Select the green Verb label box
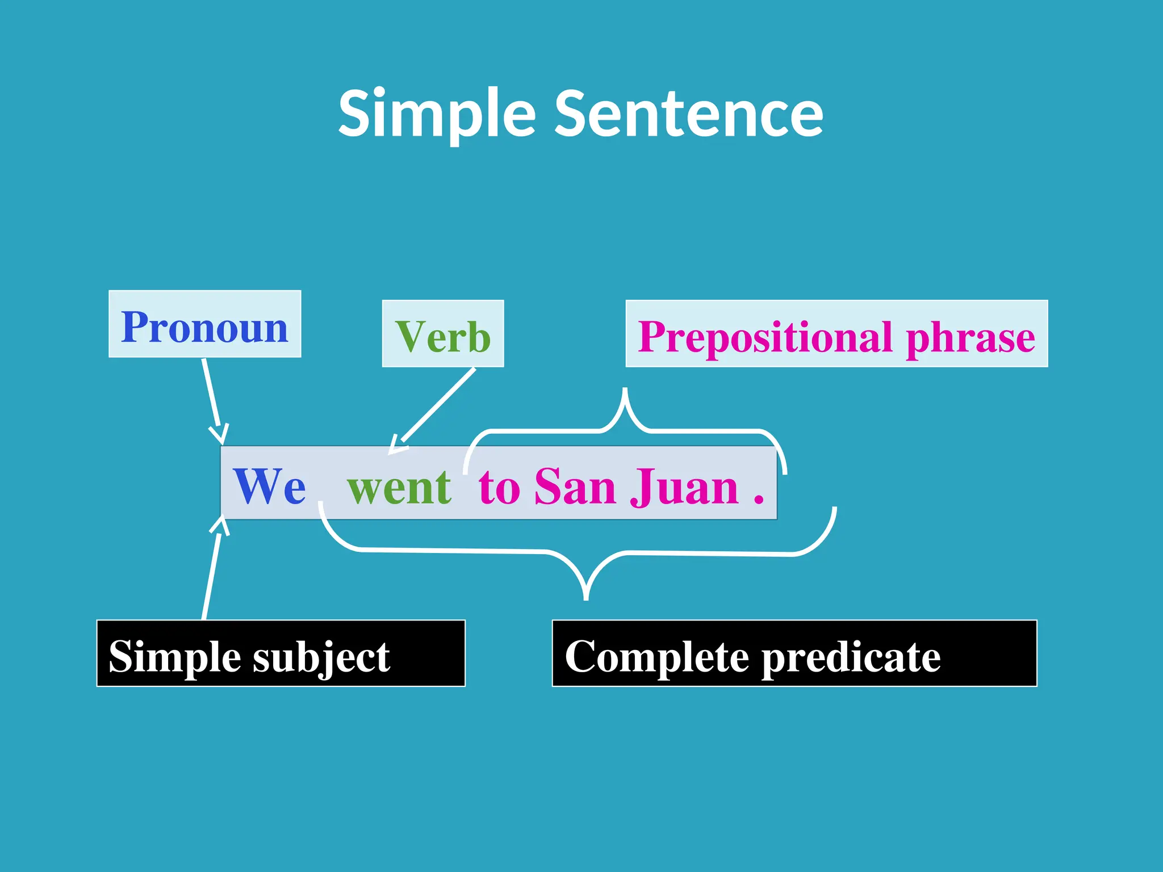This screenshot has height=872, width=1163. coord(443,335)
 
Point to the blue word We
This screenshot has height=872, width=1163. coord(269,486)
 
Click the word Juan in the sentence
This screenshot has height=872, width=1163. coord(684,487)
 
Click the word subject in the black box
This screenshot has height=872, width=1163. coord(321,657)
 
